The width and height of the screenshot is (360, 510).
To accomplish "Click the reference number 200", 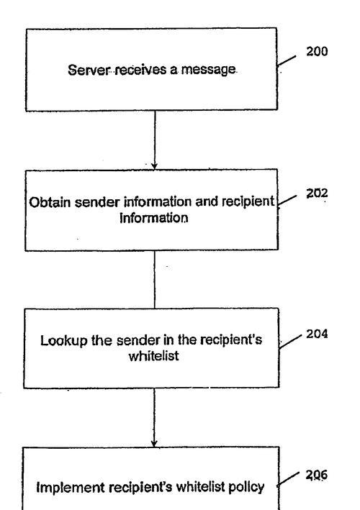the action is pos(317,51).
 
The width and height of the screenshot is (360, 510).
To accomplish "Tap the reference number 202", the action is pos(317,193).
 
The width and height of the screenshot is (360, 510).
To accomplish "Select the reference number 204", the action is pos(317,334).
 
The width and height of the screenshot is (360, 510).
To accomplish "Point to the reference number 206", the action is pos(316,475).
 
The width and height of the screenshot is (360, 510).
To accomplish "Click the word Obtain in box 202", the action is pos(50,202).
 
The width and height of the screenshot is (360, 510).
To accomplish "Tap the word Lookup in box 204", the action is pos(64,341).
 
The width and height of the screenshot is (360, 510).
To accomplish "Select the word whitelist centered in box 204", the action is pos(153,355).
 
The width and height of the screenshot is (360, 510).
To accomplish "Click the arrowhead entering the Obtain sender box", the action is pos(155,166).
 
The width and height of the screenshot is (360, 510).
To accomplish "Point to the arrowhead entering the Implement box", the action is pos(154,443).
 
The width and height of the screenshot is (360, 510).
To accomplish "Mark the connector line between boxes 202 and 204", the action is pos(155,279).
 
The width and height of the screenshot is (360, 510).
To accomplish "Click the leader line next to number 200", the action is pos(287,61).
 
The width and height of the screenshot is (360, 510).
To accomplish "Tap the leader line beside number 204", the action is pos(289,342).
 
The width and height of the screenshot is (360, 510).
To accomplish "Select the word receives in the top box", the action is pos(140,70).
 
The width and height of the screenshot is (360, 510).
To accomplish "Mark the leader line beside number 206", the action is pos(288,480).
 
